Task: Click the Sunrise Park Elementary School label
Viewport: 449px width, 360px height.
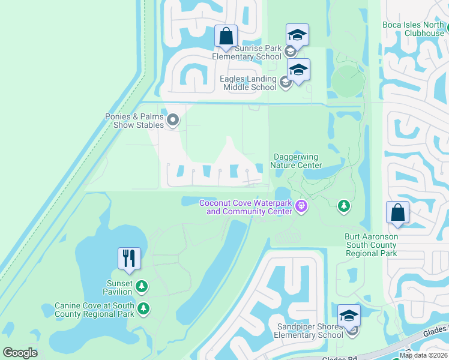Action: point(247,52)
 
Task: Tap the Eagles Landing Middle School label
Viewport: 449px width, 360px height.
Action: point(238,83)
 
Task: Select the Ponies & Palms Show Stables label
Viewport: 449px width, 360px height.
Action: point(134,121)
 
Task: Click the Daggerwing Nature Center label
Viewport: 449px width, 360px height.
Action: point(297,161)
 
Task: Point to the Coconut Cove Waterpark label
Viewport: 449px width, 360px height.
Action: point(246,207)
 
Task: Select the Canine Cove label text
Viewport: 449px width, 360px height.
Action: point(94,310)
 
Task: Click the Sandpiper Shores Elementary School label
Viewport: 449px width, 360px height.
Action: point(309,331)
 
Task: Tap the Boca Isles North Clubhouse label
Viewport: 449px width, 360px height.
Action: point(413,29)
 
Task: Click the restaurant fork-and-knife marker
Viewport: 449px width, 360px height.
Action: point(129,258)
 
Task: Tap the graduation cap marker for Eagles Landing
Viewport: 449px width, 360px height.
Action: point(298,70)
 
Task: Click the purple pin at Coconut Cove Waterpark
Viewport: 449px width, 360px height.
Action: point(301,208)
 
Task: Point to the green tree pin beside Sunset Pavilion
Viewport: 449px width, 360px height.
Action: point(142,287)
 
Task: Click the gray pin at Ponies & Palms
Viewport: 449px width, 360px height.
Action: point(173,121)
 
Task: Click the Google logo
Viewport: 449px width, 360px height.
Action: point(20,353)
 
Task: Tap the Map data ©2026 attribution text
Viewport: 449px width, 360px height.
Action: point(423,355)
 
